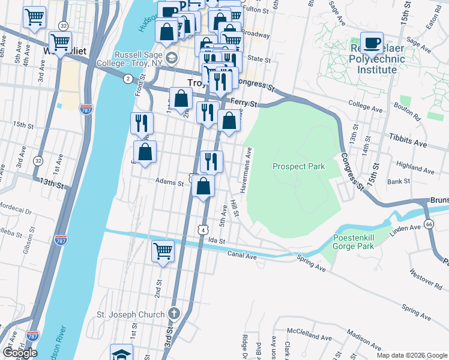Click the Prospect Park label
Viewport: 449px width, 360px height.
298,166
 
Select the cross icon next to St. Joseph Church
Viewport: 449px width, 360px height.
173,314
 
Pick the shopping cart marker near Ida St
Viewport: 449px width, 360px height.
163,251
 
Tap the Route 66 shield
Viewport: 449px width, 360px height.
428,224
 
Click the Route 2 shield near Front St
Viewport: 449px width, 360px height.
128,79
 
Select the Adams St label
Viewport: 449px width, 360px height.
169,181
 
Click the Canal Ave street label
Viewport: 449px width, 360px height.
243,255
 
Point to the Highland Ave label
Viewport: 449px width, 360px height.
415,167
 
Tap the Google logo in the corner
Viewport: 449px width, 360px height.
20,353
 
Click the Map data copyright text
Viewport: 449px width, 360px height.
412,355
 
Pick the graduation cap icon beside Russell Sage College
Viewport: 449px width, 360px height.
172,58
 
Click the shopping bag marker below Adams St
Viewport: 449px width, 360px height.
204,187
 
